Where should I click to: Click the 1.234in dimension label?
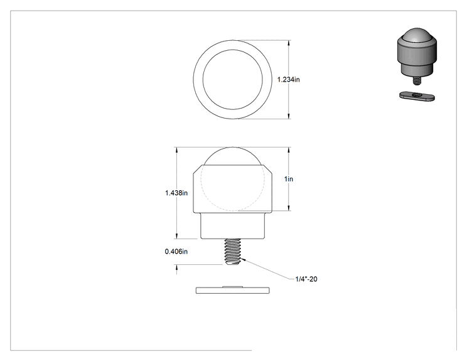tap(288, 80)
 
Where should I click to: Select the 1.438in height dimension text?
tap(176, 193)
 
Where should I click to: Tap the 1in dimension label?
tap(289, 179)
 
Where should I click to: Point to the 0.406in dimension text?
tap(176, 252)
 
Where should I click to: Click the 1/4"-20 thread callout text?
tap(306, 279)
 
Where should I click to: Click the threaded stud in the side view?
tap(233, 252)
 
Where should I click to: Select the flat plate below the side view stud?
tap(233, 290)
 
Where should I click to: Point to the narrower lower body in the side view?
tap(233, 226)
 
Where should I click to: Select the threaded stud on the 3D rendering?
tap(417, 81)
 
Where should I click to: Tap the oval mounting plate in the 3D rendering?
tap(417, 96)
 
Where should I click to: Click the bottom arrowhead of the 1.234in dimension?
tap(288, 116)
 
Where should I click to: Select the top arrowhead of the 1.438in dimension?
tap(176, 150)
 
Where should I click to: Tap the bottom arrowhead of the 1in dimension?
tap(288, 208)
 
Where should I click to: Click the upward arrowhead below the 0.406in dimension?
tap(176, 267)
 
